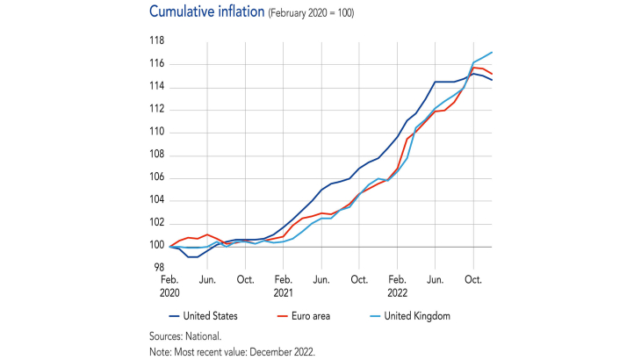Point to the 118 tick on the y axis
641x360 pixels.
coord(155,41)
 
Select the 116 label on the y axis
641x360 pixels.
coord(155,64)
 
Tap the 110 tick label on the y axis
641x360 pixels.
coord(155,133)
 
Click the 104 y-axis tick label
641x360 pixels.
coord(155,200)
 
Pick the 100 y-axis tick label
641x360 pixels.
coord(155,246)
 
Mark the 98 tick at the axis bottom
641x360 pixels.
coord(158,269)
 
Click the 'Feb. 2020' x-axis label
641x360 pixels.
coord(169,285)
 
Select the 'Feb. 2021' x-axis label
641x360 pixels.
coord(283,285)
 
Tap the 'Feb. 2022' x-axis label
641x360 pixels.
coord(397,285)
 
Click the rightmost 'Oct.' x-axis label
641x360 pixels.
coord(473,279)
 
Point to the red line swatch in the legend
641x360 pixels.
coord(283,315)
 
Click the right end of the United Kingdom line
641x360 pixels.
coord(492,53)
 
